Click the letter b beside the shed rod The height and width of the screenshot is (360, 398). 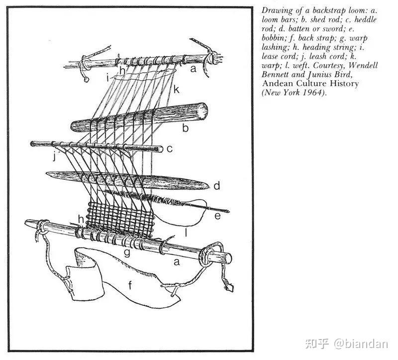186,128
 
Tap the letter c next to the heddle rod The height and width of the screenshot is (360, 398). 170,148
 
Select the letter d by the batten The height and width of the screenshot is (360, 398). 216,186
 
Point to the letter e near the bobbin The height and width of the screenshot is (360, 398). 217,216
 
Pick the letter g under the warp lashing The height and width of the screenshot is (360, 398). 127,253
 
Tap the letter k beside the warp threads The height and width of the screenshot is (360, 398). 176,90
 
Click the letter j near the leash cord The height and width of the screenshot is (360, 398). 55,156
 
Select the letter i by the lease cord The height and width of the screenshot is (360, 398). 108,78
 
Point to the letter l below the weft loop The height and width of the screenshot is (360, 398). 186,232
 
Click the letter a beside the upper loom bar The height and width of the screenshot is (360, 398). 194,68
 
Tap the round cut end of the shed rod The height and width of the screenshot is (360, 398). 202,111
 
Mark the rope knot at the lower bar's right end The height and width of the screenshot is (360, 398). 210,253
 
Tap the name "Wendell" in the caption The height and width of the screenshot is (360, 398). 363,65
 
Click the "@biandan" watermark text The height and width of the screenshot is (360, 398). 361,344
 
